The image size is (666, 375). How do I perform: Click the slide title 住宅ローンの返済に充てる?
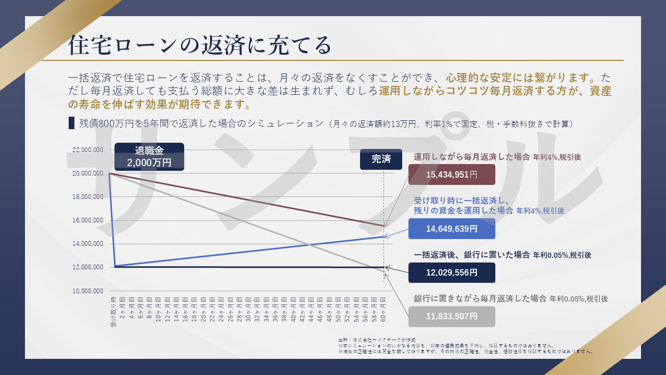(x=200, y=45)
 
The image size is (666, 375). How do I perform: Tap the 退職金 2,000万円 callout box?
(x=149, y=157)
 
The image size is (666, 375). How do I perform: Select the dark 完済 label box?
(x=381, y=159)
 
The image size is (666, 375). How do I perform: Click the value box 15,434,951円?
(x=452, y=174)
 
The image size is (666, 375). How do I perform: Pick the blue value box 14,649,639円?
(x=452, y=229)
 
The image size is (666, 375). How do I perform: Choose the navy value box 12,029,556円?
(x=452, y=272)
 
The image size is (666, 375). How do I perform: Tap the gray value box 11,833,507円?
(x=452, y=316)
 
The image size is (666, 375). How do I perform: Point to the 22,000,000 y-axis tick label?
(x=87, y=150)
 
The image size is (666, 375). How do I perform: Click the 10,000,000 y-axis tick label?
(x=87, y=291)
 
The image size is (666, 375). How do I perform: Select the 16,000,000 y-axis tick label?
(x=87, y=220)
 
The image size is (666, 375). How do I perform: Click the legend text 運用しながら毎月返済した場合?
(x=472, y=156)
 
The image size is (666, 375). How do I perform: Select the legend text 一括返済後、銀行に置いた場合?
(x=472, y=255)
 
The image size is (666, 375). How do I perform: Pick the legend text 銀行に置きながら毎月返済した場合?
(x=480, y=299)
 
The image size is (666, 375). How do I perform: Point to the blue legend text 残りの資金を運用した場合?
(x=464, y=211)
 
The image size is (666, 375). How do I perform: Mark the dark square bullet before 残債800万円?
(x=71, y=123)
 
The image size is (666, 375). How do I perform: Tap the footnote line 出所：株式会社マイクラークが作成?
(x=377, y=340)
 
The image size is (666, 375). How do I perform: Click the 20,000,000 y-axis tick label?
(x=87, y=173)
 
